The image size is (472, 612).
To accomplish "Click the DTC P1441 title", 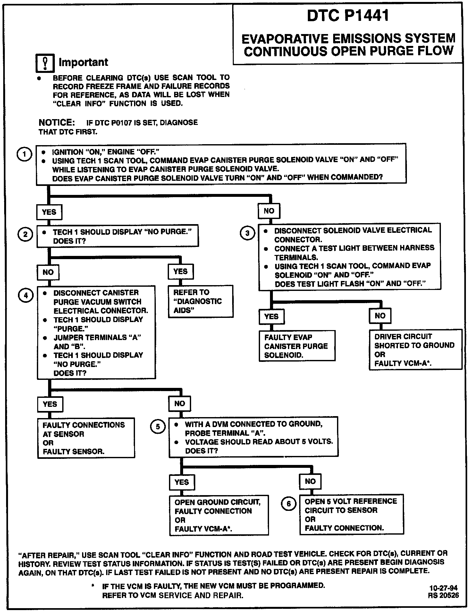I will click(348, 16).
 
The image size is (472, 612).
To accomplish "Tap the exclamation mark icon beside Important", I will click(45, 63).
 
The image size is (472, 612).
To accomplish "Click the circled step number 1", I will click(24, 155).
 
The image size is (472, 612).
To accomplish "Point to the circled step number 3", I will click(247, 233).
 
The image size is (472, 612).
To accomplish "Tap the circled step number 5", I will click(158, 427).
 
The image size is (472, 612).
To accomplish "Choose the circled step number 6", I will click(289, 504).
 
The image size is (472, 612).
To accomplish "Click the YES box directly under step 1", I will click(49, 212).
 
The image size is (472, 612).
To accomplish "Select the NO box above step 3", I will click(269, 211).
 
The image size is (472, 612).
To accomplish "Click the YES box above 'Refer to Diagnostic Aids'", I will click(181, 272).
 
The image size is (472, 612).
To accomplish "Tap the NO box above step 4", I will click(48, 272).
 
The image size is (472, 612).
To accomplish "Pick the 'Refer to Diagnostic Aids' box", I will click(201, 301).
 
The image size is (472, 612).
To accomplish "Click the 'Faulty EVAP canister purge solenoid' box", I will click(297, 346).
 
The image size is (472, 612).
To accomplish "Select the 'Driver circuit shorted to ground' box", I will click(415, 350).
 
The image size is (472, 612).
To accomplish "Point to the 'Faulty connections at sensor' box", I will click(86, 438).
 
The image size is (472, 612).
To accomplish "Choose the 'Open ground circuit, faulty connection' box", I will click(219, 515).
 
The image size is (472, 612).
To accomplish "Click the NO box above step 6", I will click(310, 481).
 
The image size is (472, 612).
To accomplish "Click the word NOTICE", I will click(56, 123).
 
